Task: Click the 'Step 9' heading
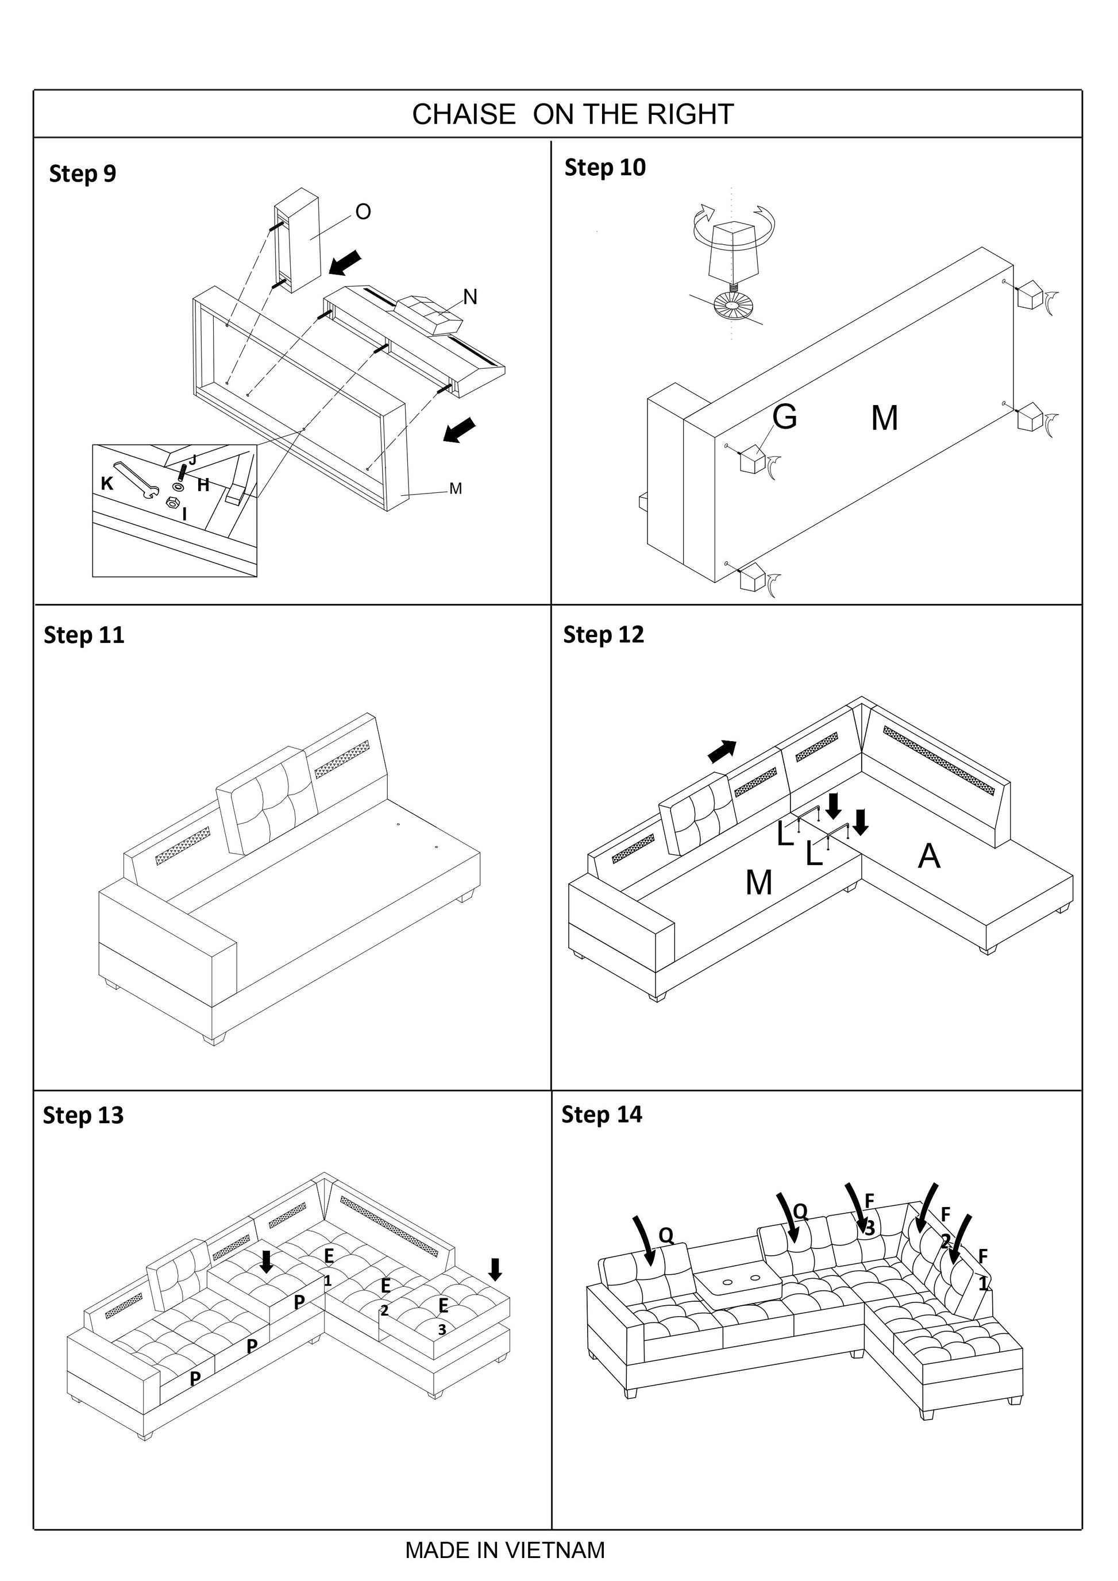pyautogui.click(x=83, y=174)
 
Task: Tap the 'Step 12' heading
pyautogui.click(x=603, y=635)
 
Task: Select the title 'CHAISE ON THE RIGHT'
pyautogui.click(x=573, y=114)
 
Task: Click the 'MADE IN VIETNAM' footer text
pyautogui.click(x=504, y=1550)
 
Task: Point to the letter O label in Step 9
pyautogui.click(x=363, y=212)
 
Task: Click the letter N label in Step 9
pyautogui.click(x=470, y=297)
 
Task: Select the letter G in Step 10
pyautogui.click(x=785, y=417)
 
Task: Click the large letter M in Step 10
pyautogui.click(x=885, y=418)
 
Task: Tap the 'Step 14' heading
pyautogui.click(x=602, y=1114)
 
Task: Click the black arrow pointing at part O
pyautogui.click(x=346, y=263)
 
